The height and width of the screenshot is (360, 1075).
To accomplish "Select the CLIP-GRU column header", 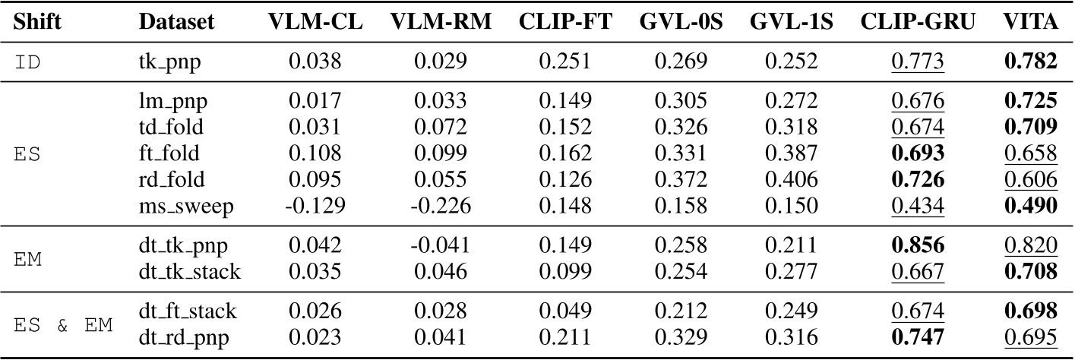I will coord(918,24).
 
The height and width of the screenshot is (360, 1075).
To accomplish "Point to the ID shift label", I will coord(30,61).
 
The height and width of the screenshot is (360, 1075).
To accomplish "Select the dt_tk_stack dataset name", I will coord(189,272).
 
